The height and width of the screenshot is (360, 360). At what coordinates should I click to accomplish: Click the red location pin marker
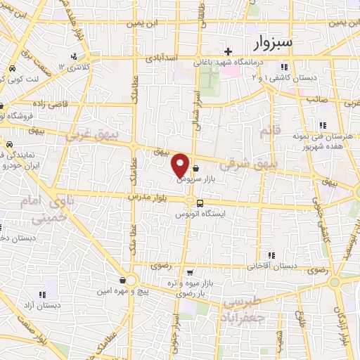pos(180,165)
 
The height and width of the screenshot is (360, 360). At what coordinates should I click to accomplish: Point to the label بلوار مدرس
pos(150,199)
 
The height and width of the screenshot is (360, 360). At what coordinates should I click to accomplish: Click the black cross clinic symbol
pos(228,51)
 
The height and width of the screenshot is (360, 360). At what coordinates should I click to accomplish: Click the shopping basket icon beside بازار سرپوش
pos(195,169)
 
